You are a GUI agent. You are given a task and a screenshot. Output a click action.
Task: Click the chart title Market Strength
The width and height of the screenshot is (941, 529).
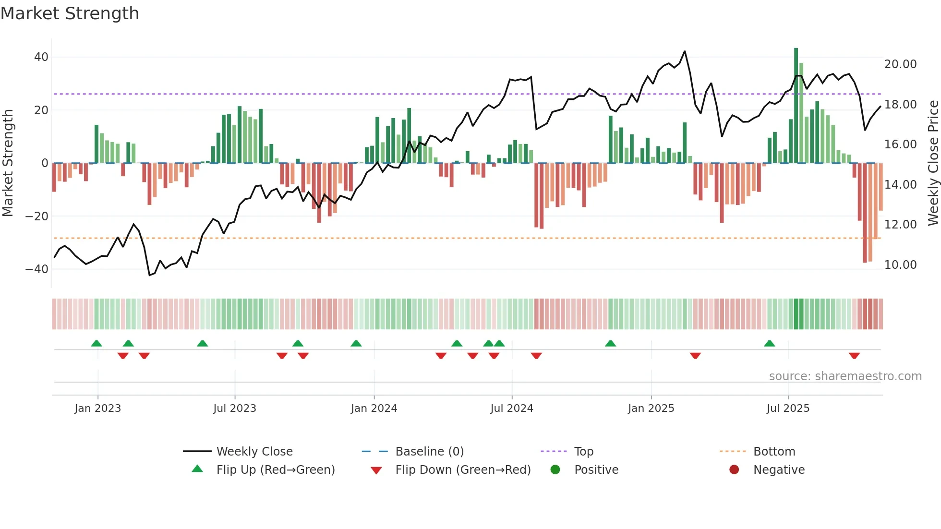click(x=70, y=13)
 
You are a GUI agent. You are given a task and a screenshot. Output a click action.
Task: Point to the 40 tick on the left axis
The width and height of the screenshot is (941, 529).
click(x=41, y=57)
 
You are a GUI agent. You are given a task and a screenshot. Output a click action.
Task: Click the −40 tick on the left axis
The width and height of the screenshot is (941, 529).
click(x=37, y=269)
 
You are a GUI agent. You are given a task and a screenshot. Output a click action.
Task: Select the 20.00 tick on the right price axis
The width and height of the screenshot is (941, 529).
click(x=900, y=64)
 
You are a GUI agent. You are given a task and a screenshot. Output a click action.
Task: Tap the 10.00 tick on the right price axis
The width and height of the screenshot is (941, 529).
click(x=900, y=265)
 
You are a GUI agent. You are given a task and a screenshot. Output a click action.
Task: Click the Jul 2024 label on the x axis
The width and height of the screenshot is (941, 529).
click(x=511, y=409)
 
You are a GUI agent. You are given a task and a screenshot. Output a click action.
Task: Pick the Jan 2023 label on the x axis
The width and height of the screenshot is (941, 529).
click(x=97, y=409)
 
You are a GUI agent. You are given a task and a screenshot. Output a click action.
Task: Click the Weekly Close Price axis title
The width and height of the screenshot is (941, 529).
click(x=933, y=163)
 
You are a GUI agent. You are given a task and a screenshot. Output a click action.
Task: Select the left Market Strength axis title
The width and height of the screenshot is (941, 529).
click(x=8, y=163)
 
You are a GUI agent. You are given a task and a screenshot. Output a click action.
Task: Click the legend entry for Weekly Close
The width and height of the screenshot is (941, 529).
click(x=254, y=452)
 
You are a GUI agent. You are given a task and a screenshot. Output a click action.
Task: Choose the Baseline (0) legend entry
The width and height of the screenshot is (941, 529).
click(x=429, y=452)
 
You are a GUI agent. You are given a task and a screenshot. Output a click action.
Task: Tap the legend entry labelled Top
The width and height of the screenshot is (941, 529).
click(x=583, y=452)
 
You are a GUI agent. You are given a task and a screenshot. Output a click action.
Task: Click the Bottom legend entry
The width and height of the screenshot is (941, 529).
click(x=774, y=452)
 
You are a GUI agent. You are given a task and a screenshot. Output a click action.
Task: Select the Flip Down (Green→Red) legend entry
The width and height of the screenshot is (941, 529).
click(x=463, y=470)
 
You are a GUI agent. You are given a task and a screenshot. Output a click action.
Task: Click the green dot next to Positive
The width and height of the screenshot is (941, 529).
click(x=555, y=470)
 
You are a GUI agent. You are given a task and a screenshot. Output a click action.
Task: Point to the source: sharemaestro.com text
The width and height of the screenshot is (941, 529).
click(x=845, y=376)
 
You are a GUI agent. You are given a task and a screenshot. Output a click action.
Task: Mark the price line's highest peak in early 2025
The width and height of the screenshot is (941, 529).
click(x=685, y=51)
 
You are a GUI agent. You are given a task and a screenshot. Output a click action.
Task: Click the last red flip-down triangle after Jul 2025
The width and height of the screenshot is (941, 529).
click(x=854, y=356)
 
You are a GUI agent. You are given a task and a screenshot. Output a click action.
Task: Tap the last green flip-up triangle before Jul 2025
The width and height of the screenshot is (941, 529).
click(x=769, y=343)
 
